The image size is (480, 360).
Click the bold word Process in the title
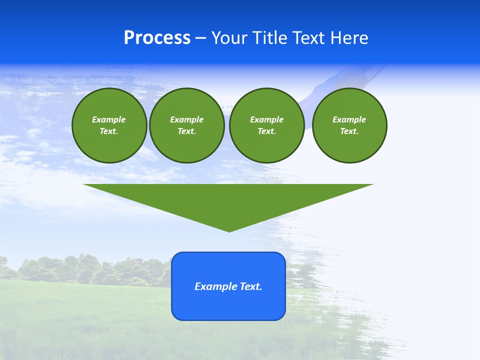coord(157,38)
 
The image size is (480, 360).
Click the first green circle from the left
coord(109,125)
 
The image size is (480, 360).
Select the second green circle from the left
coord(186,125)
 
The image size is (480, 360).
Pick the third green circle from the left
coord(266,125)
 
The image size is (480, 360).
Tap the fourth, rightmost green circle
coord(349,125)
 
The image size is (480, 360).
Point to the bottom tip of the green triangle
coord(229,230)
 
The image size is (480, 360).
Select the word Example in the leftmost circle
coord(109,119)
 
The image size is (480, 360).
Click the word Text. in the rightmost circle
coord(349,131)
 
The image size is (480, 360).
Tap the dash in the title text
coord(200,38)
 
